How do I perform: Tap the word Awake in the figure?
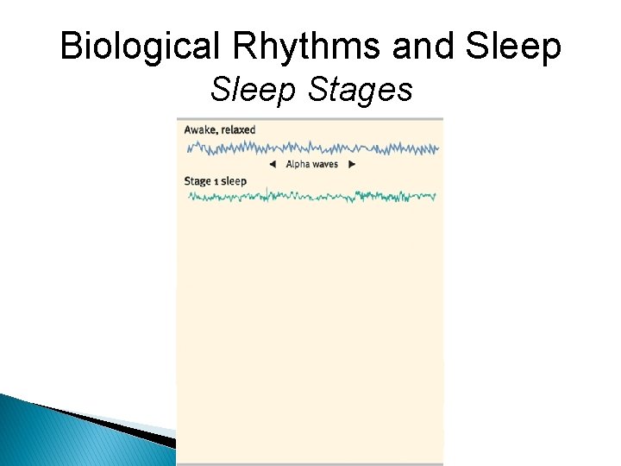[200, 129]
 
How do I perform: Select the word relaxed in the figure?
[238, 129]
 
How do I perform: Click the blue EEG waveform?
[310, 148]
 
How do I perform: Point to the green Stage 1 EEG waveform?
[310, 197]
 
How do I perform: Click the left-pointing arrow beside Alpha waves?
[272, 164]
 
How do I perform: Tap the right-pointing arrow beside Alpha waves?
[351, 164]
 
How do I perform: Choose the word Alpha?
[298, 164]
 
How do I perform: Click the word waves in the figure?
[325, 164]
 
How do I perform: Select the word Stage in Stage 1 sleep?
[198, 181]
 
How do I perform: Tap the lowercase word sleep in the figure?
[234, 181]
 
